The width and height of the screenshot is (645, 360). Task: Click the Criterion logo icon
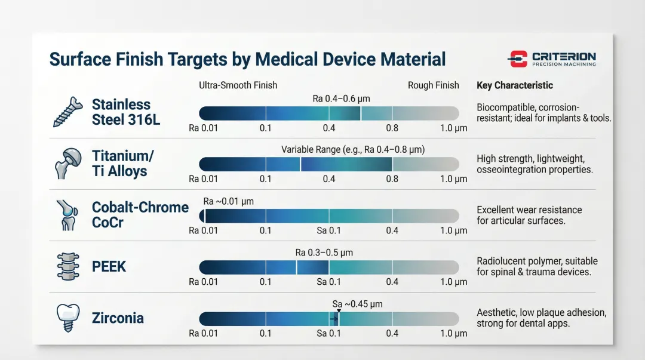[x=518, y=59]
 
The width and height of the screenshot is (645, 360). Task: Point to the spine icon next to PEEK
[x=67, y=266]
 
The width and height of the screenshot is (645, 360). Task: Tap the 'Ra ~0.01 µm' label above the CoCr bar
[x=228, y=201]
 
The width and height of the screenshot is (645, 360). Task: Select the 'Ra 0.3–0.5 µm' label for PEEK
[x=324, y=253]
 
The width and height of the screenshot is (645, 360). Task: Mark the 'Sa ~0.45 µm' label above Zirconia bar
[x=357, y=304]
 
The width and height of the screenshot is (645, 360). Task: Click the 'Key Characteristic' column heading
[x=515, y=85]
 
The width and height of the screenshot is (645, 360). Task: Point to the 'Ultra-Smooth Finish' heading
[x=238, y=85]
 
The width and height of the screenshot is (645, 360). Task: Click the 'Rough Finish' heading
[x=433, y=85]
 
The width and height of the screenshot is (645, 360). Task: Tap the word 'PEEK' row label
[x=109, y=266]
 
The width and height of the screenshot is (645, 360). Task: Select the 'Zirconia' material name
[x=118, y=318]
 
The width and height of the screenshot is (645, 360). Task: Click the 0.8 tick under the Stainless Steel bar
[x=392, y=128]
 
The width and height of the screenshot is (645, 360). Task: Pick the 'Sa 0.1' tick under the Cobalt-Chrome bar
[x=328, y=230]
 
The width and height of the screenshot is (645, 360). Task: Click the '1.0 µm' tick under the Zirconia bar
[x=453, y=333]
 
